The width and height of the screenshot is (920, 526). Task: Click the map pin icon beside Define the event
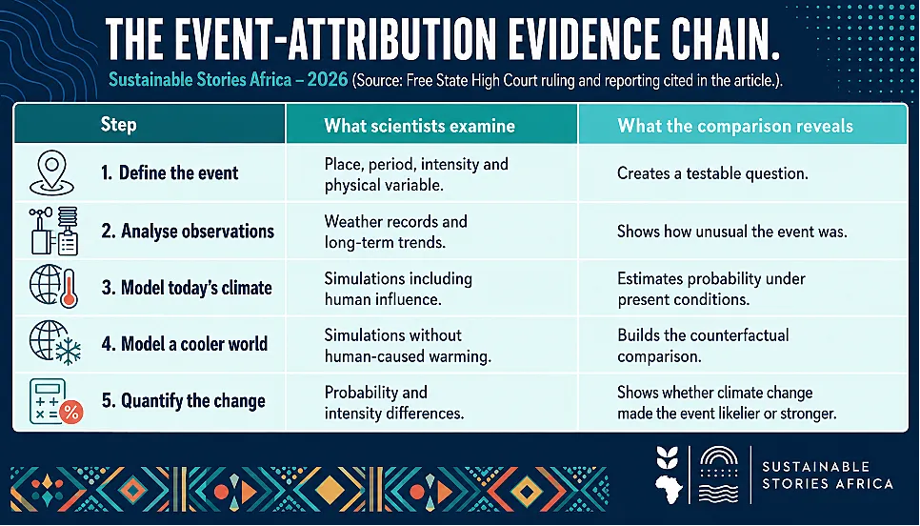click(x=51, y=172)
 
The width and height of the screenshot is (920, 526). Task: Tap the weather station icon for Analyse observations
click(x=53, y=231)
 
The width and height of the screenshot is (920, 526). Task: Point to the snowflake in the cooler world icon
click(x=68, y=351)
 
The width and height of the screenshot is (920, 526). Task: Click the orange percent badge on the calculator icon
click(x=71, y=412)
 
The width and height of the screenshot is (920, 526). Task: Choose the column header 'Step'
click(x=118, y=125)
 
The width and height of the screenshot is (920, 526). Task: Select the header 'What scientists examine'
click(x=419, y=126)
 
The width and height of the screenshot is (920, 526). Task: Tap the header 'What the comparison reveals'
click(x=735, y=126)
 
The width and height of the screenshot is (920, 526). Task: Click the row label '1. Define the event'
click(x=170, y=172)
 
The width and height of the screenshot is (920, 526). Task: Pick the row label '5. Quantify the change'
click(x=184, y=401)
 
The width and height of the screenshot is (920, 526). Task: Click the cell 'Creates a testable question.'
click(x=712, y=173)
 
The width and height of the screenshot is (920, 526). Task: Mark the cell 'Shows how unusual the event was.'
click(x=732, y=232)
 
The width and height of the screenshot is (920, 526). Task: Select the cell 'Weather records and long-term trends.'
click(x=395, y=232)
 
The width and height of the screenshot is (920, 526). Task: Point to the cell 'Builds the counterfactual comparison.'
click(x=703, y=346)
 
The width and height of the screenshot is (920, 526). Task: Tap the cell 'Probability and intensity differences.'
click(x=394, y=403)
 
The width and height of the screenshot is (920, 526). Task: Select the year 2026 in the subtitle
click(x=328, y=79)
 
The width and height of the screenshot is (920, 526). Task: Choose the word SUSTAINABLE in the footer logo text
click(x=815, y=467)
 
